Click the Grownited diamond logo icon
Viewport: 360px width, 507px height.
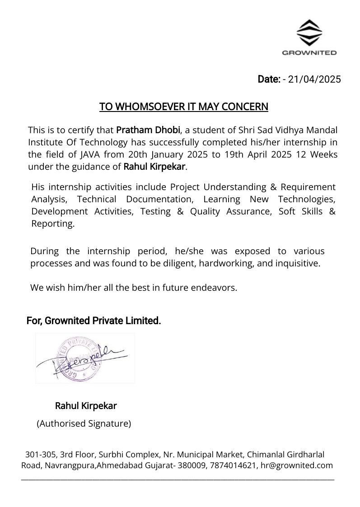click(x=309, y=33)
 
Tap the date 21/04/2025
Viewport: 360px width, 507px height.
click(x=315, y=79)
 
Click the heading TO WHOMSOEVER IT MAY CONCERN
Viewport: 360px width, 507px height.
click(x=184, y=107)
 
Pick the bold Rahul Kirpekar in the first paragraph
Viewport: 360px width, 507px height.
click(x=154, y=167)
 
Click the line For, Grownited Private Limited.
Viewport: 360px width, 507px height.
click(x=94, y=321)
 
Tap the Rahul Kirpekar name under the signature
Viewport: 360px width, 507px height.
click(x=86, y=406)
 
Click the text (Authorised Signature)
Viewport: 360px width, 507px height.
click(x=84, y=423)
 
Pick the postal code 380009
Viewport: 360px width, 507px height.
click(x=192, y=465)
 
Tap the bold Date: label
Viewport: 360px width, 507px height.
click(x=269, y=79)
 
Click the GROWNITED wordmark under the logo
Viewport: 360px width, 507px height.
click(x=309, y=53)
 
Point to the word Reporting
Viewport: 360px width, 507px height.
click(x=52, y=223)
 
